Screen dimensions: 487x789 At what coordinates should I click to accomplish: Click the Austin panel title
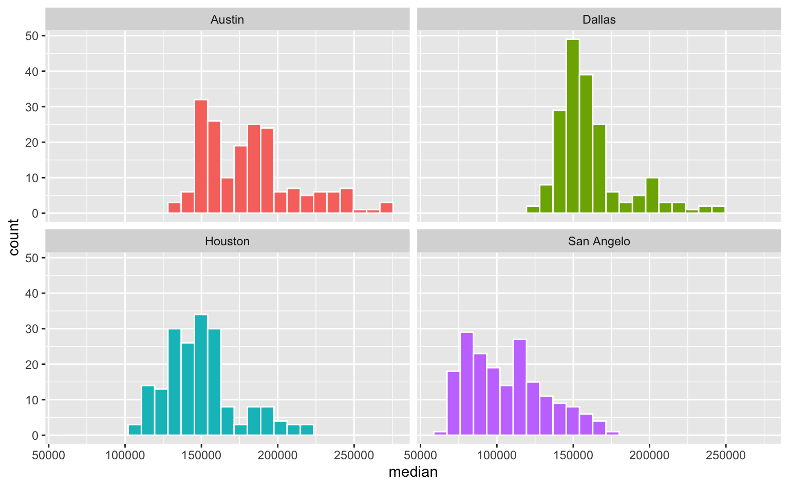click(x=227, y=20)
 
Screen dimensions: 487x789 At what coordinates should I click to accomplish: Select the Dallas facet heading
click(x=599, y=20)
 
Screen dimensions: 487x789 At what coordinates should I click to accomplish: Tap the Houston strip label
click(x=227, y=242)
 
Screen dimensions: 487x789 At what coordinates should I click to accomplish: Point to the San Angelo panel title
click(x=599, y=242)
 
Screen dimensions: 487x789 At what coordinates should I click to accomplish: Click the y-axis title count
click(x=14, y=237)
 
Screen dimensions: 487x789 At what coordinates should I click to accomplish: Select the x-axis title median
click(x=413, y=472)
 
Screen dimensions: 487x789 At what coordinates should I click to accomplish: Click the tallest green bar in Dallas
click(x=573, y=126)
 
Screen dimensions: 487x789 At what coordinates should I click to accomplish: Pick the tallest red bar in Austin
click(x=201, y=156)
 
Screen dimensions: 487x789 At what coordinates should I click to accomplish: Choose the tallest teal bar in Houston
click(x=201, y=375)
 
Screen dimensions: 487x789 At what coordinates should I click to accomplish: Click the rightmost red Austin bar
click(x=386, y=208)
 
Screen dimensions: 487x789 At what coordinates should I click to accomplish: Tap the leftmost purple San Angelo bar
click(x=440, y=434)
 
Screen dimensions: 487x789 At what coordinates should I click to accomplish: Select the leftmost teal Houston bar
click(x=135, y=430)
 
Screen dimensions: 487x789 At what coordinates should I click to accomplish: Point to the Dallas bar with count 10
click(x=652, y=195)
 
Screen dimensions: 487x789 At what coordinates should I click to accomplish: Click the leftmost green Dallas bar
click(x=533, y=209)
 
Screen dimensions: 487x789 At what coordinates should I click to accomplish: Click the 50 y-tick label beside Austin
click(x=32, y=36)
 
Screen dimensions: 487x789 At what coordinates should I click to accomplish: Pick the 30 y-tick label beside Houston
click(x=32, y=329)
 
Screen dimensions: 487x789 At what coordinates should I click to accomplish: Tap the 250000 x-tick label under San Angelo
click(x=725, y=455)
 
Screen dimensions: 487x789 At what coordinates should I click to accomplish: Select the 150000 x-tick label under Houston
click(x=201, y=455)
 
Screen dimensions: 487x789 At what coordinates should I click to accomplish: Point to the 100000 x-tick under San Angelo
click(x=497, y=455)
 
